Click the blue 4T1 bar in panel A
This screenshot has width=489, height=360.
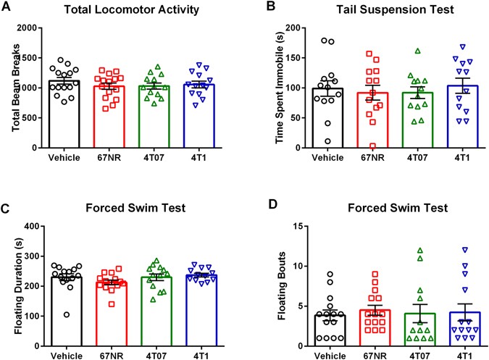201,116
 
